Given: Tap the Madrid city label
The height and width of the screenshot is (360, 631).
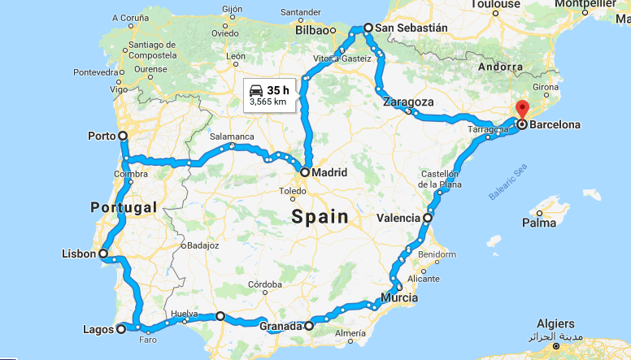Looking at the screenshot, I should coord(329,172).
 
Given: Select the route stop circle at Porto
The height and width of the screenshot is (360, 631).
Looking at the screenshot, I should coord(123,136).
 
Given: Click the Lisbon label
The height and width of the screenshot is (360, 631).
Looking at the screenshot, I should coord(78,254).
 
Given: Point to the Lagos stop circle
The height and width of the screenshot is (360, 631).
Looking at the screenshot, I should coord(121,329).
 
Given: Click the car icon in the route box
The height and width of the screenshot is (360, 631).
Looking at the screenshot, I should coord(256,89).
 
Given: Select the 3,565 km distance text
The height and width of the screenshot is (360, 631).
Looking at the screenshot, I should coord(267,102).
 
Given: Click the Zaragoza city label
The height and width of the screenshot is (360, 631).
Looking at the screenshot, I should coord(408,102).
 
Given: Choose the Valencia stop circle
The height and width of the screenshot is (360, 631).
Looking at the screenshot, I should coord(428,218).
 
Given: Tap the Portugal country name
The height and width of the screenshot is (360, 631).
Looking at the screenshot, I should coord(124,207).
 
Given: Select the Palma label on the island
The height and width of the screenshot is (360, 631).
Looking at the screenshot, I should coord(539,222).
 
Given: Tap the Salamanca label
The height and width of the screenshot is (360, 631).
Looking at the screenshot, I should coord(232,137).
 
